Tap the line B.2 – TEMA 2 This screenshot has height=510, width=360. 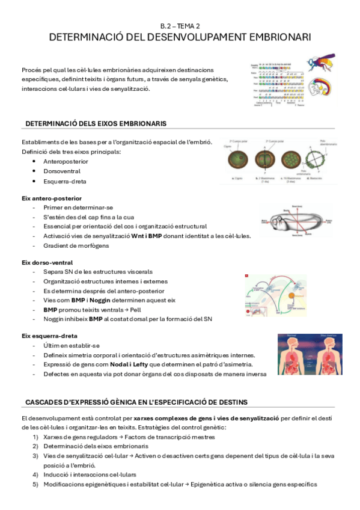tap(180, 26)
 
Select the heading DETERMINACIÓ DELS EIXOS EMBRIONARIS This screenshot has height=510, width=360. tap(96, 123)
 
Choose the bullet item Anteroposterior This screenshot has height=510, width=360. tap(66, 162)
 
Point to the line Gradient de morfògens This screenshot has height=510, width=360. tap(74, 245)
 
